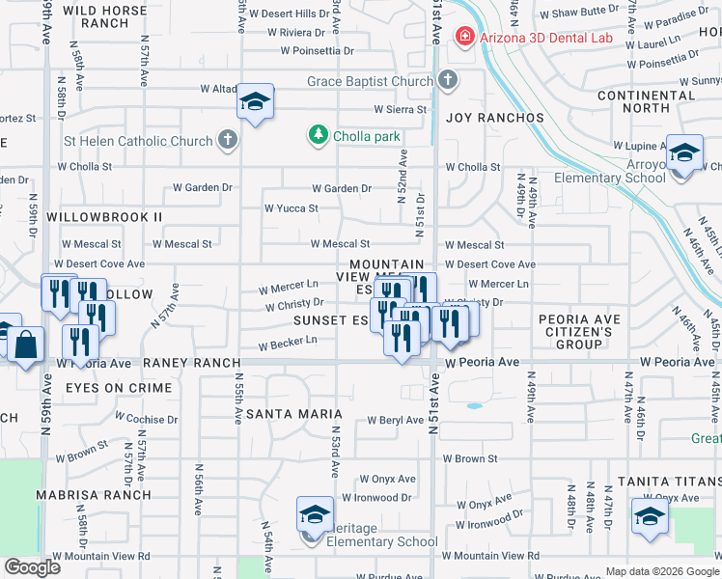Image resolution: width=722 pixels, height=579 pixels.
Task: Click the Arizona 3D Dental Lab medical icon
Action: (x=463, y=37)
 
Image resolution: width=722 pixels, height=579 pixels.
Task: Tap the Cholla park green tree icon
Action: (x=319, y=136)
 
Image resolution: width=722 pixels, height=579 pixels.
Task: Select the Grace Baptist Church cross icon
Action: (x=447, y=81)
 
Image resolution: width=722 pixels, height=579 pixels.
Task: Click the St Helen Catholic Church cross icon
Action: (x=227, y=141)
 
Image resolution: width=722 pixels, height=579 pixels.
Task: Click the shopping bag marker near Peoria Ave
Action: (x=27, y=344)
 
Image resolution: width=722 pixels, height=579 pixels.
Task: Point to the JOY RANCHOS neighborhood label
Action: (x=495, y=118)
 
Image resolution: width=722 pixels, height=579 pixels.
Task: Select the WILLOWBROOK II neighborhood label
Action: (x=104, y=217)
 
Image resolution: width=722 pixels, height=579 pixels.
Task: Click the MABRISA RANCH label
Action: (x=94, y=495)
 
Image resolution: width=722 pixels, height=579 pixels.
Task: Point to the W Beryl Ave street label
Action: (x=396, y=421)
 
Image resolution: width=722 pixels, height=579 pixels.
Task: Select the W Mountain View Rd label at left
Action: (x=102, y=556)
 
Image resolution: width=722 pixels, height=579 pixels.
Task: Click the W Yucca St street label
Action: (x=292, y=208)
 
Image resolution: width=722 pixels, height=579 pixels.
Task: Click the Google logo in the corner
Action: (x=33, y=567)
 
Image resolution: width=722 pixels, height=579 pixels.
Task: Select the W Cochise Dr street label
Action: (x=147, y=419)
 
